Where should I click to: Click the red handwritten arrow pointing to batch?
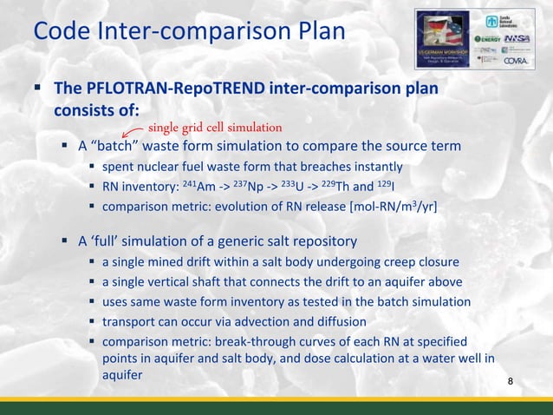point(131,132)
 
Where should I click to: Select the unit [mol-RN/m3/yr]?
point(393,207)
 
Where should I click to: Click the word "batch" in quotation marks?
point(114,146)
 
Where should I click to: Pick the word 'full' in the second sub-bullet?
point(110,240)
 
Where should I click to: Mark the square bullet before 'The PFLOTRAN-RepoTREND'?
point(40,89)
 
